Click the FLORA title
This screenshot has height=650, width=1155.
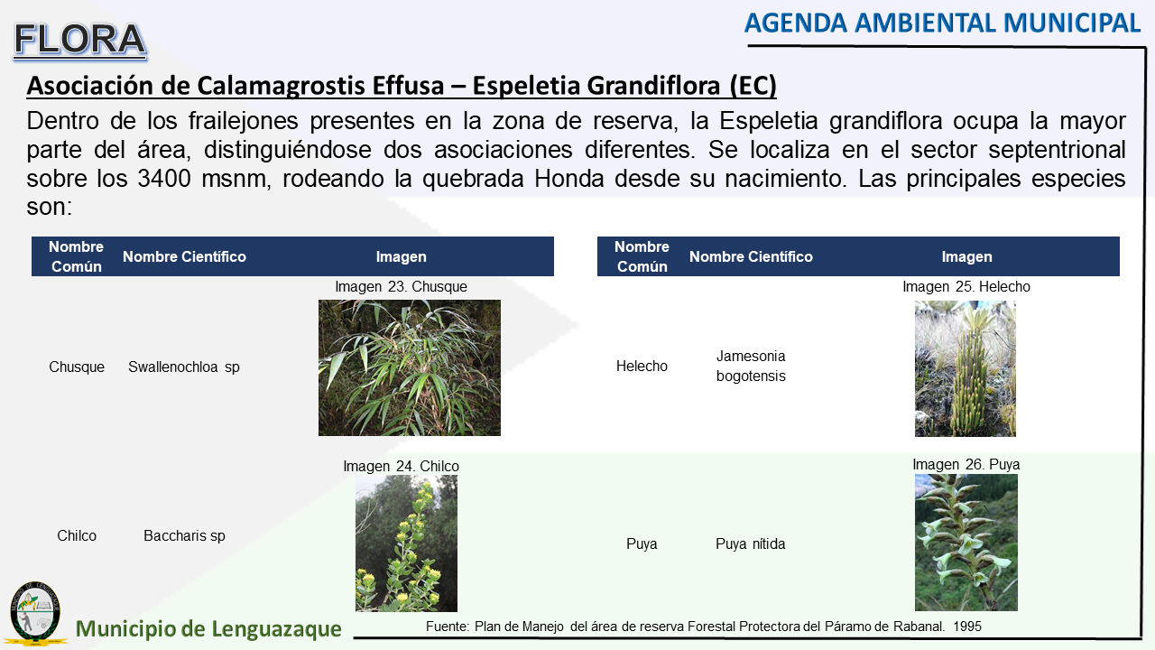point(80,41)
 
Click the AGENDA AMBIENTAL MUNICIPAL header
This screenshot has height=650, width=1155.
point(942,23)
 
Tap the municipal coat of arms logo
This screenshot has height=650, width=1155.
point(35,613)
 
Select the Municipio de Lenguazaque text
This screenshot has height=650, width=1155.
point(208,629)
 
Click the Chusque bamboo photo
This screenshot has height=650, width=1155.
point(410,367)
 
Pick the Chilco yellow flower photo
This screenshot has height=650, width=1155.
point(406,543)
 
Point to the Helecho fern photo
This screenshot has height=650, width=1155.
point(966,369)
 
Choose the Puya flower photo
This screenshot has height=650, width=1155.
point(966,543)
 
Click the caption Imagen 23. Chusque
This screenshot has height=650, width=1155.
point(402,286)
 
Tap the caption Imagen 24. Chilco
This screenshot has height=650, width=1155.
point(402,466)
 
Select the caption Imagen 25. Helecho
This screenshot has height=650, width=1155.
point(966,286)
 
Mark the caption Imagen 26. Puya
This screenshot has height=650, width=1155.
point(966,464)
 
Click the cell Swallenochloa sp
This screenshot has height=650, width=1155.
point(184,367)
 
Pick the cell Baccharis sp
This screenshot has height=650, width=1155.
point(185,535)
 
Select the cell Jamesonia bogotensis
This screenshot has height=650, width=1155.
point(751,366)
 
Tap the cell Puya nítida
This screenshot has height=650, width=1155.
point(750,543)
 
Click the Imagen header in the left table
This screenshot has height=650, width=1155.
point(402,256)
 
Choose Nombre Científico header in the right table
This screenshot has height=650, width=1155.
point(751,256)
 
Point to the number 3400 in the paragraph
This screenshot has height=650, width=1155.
point(164,179)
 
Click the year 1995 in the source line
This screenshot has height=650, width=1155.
point(967,627)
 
